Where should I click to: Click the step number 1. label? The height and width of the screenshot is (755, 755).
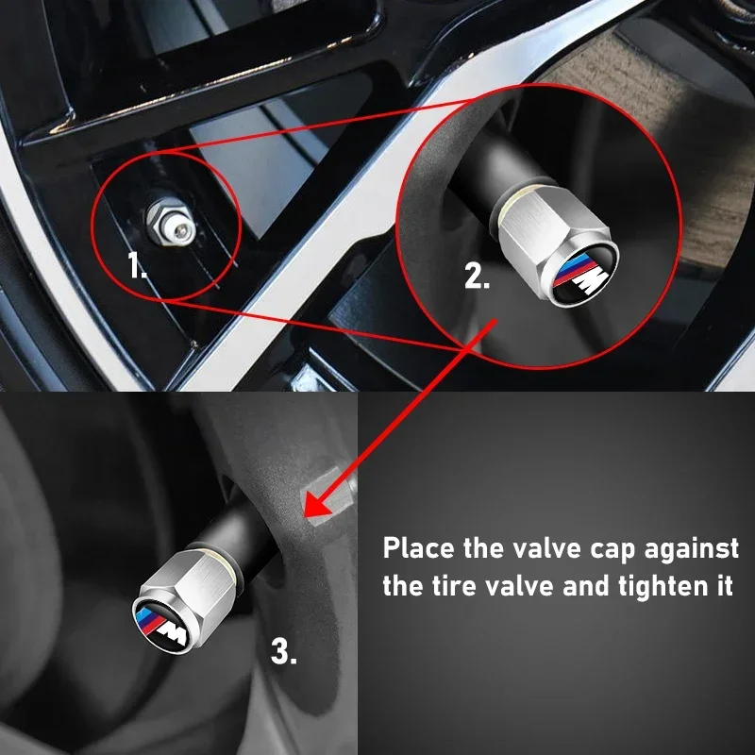pyautogui.click(x=137, y=268)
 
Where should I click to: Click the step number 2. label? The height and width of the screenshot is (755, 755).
pyautogui.click(x=478, y=277)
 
